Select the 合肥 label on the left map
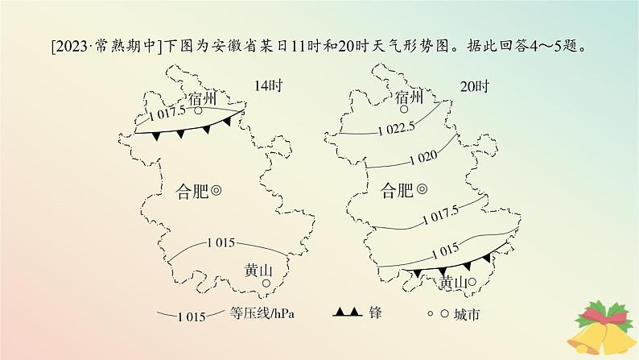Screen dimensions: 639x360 point(192,191)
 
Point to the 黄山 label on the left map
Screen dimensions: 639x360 point(258,271)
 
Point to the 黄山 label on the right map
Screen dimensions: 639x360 point(454,282)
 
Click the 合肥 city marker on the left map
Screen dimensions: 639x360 point(216,191)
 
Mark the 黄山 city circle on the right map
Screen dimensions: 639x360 point(473,282)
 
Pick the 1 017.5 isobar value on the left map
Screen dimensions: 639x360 point(167,114)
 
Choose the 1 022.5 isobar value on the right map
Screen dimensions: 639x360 point(395,127)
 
